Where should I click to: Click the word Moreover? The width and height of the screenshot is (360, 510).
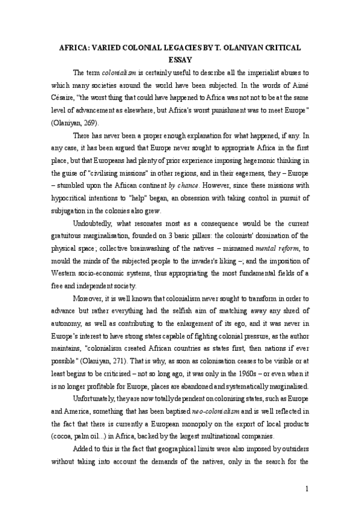88,300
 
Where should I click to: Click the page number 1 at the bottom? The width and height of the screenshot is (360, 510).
307,488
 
